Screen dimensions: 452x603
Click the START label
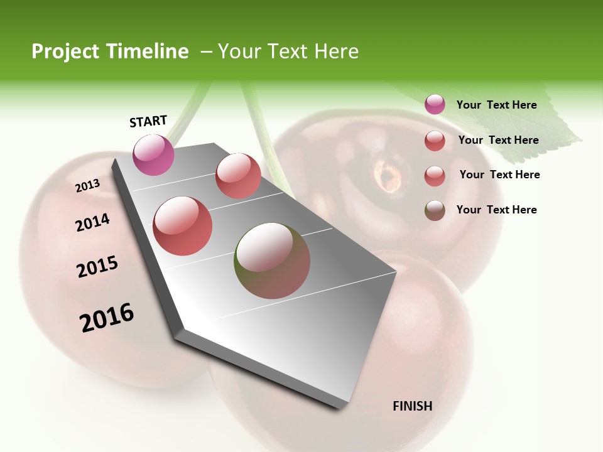148,121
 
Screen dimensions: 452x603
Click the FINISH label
412,406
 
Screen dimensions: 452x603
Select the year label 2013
87,186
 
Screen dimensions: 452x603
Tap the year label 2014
92,223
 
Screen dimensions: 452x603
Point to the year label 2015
97,267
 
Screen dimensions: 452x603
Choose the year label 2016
107,317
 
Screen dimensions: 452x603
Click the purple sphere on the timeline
154,154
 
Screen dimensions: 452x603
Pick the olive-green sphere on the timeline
272,261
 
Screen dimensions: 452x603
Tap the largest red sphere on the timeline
183,226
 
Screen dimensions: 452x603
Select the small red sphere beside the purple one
238,176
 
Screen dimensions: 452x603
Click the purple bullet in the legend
435,104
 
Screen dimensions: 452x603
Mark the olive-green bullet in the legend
435,210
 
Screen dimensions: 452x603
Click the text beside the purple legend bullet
496,105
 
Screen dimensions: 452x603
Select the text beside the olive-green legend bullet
496,210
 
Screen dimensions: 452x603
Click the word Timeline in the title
148,51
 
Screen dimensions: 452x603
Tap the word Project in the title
66,51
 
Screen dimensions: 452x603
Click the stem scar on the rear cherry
387,175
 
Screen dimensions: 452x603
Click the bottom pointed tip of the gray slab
339,406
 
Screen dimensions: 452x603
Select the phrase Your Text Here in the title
288,51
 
